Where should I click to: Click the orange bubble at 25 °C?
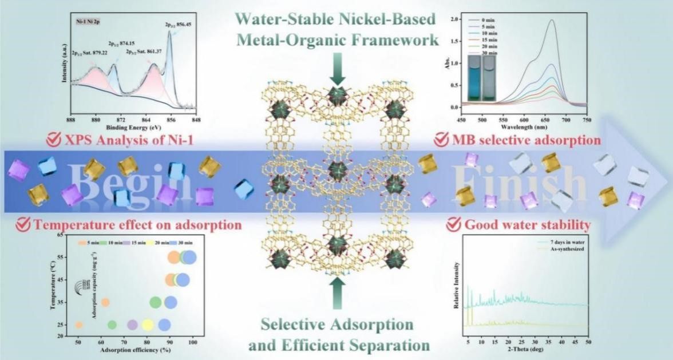(x=79, y=325)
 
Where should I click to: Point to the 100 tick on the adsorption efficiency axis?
(x=193, y=342)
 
